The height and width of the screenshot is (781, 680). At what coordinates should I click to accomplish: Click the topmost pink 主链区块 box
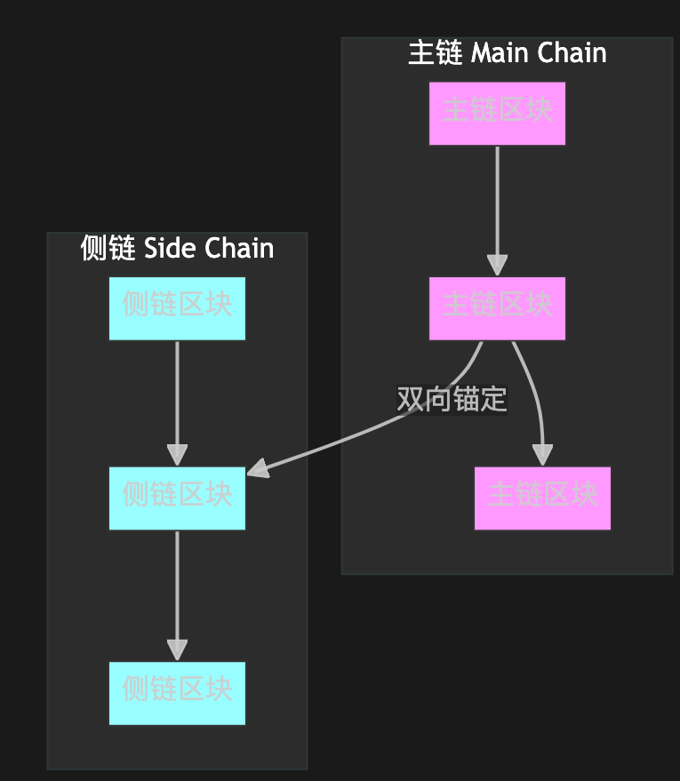coord(497,113)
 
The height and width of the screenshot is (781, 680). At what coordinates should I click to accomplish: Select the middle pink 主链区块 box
coord(497,307)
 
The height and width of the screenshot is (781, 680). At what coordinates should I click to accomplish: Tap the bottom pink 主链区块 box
coord(542,498)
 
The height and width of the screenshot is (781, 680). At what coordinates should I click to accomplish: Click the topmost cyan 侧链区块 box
coord(177,307)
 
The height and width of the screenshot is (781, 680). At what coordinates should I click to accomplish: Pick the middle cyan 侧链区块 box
coord(177,498)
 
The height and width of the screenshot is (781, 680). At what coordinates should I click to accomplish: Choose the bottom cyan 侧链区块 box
coord(177,693)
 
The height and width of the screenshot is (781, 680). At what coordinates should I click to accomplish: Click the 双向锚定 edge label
coord(452,400)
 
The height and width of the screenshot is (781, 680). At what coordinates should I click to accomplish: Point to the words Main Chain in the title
coord(539,53)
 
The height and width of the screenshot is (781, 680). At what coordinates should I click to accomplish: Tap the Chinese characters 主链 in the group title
coord(435,53)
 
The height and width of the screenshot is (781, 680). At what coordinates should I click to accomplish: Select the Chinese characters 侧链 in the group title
coord(107,249)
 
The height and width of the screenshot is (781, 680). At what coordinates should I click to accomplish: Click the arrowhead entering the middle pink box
coord(497,266)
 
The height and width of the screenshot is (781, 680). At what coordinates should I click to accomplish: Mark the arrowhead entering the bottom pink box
coord(542,454)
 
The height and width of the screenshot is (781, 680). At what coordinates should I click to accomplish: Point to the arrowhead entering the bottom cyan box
coord(177,650)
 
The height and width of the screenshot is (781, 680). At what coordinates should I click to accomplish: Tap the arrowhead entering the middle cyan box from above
coord(177,454)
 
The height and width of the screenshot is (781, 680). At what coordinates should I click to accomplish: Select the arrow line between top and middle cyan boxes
coord(177,391)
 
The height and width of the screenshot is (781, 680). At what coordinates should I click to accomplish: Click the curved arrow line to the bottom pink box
coord(532,391)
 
